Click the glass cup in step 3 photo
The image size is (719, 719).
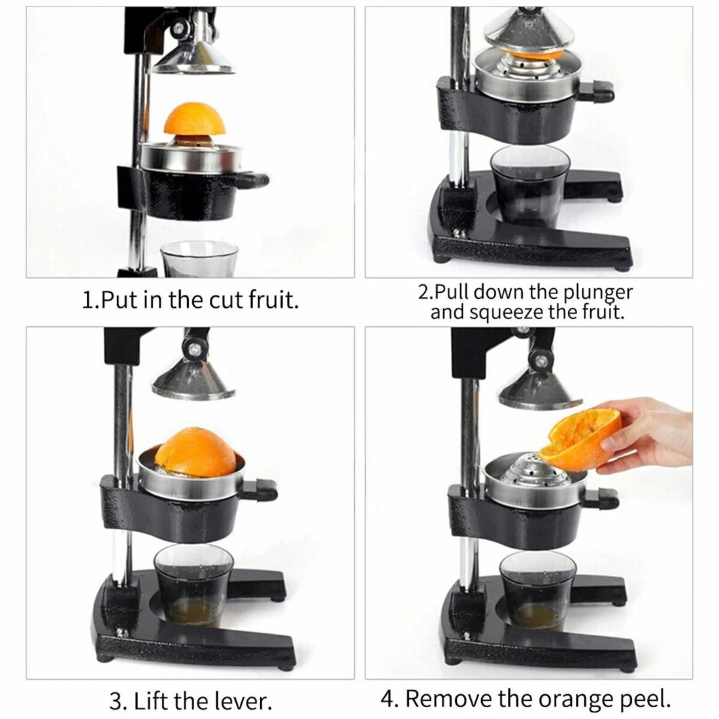(x=193, y=585)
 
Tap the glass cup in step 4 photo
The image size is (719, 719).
(x=537, y=592)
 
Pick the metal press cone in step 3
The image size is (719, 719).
(x=193, y=379)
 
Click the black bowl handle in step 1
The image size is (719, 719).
(x=255, y=178)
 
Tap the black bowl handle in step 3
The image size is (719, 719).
(x=266, y=488)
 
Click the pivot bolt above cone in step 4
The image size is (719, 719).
(x=540, y=359)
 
